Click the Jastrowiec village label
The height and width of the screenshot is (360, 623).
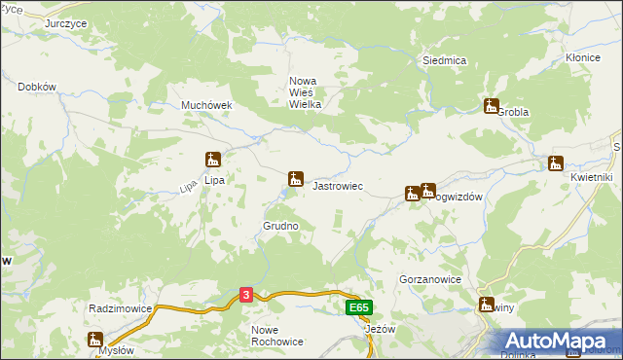337,185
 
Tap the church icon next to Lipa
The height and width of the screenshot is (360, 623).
213,160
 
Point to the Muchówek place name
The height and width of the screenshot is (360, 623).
204,105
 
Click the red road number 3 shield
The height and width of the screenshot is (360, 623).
247,295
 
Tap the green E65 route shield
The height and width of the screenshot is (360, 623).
358,307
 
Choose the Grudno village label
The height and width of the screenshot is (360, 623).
279,226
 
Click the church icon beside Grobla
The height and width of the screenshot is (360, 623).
491,106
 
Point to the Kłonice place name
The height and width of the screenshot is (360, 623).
582,58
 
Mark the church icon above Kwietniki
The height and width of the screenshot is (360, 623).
556,163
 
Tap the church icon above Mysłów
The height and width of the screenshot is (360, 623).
94,339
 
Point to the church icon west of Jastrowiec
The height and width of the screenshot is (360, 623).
294,178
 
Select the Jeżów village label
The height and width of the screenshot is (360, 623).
380,329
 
